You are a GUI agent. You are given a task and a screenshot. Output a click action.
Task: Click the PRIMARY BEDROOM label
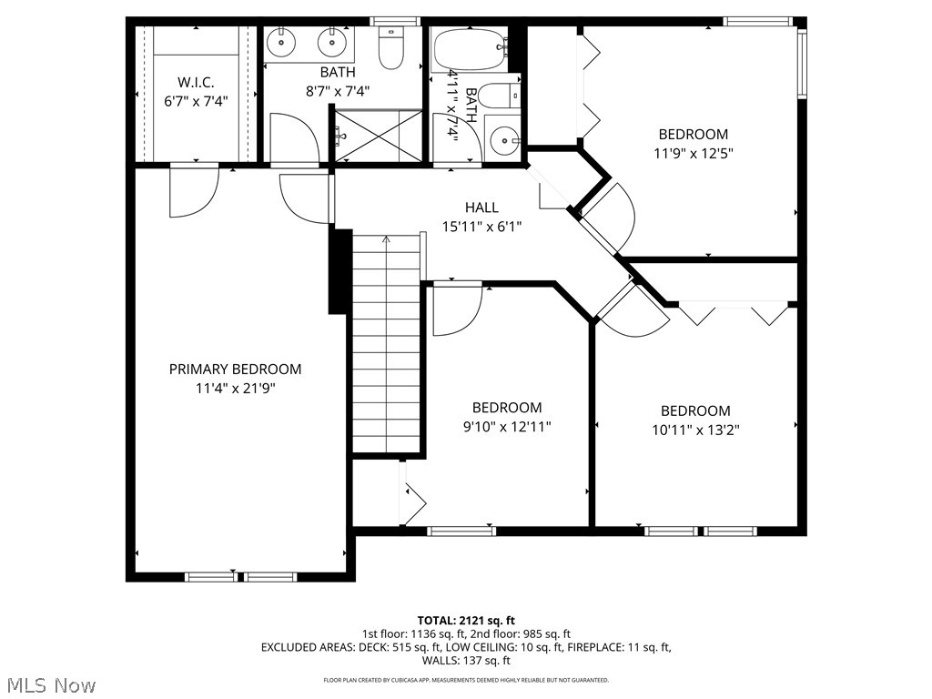coord(235,369)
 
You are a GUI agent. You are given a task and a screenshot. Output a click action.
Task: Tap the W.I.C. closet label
coord(196,82)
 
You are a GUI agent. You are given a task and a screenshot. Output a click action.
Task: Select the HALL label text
coord(481,208)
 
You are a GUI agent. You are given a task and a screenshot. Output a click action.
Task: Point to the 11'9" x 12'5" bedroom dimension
coord(694,153)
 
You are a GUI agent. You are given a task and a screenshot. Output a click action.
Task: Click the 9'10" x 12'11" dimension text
coord(506,426)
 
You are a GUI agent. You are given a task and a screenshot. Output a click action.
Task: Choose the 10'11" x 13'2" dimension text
coord(695,430)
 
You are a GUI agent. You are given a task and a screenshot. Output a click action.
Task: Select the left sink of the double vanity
coord(282,41)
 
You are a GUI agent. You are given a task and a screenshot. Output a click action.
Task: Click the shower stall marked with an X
coord(378,137)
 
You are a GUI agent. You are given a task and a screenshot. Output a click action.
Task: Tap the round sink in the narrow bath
coord(502,140)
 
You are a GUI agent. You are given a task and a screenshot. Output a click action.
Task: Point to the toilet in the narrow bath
coord(499,95)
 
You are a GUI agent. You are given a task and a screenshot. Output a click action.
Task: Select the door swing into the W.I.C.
coord(193,191)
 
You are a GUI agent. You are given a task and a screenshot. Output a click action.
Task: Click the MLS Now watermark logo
coord(50,684)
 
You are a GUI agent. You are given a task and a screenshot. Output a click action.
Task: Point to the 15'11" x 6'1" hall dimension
coord(481,226)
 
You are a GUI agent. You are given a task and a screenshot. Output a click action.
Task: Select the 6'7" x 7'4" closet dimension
coord(196,101)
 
